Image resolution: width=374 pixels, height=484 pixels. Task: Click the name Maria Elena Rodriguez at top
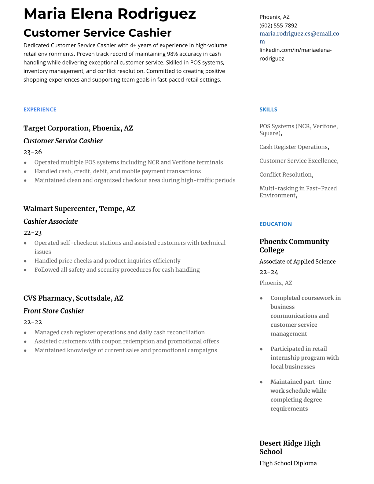click(110, 14)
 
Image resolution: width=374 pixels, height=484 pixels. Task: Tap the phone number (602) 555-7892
click(278, 25)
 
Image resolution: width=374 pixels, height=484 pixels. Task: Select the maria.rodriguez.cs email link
click(299, 34)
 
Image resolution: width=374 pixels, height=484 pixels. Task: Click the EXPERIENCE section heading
click(40, 109)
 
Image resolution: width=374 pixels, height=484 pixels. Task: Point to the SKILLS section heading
click(268, 109)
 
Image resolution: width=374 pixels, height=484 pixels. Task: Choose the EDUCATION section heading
click(275, 224)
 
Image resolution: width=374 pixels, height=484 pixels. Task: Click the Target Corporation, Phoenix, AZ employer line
click(78, 128)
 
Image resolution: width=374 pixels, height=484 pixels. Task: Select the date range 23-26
click(33, 152)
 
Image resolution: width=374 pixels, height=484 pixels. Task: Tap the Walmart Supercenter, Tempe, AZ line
click(79, 209)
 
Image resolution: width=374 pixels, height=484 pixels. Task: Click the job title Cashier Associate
click(50, 221)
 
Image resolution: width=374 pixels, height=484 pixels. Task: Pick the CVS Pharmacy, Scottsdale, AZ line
click(73, 298)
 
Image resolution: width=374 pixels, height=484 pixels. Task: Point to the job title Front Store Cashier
click(53, 311)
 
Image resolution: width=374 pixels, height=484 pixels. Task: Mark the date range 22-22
click(33, 322)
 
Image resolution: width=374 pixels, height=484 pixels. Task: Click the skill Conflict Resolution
click(285, 174)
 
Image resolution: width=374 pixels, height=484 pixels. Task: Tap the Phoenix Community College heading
click(294, 246)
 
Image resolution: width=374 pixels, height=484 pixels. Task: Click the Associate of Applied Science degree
click(297, 262)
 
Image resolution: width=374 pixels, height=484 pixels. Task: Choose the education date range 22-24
click(269, 272)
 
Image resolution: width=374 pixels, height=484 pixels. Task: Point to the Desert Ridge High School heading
click(290, 447)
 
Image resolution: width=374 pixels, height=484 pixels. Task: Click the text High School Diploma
click(288, 463)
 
